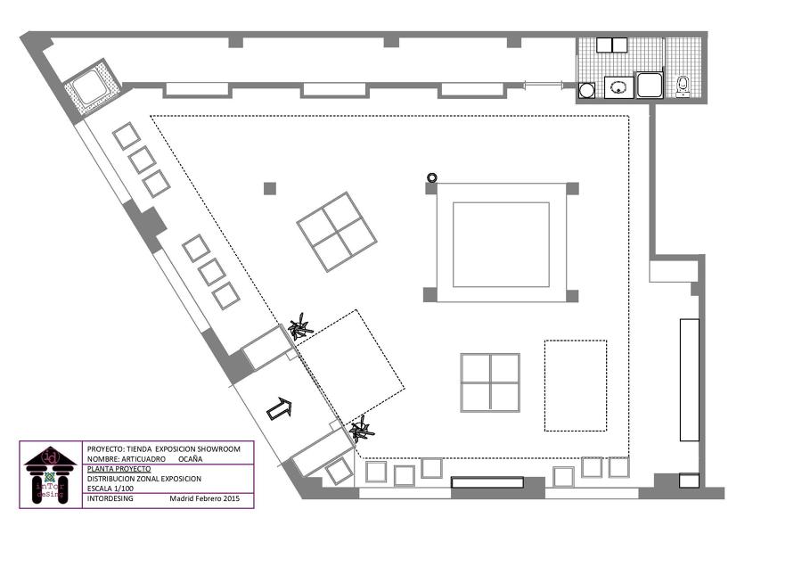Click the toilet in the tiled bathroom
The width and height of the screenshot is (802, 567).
683,86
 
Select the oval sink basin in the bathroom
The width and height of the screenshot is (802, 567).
618,87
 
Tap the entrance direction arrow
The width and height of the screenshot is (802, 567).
279,409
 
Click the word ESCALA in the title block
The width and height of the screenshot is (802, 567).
103,489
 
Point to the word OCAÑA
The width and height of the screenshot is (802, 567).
191,459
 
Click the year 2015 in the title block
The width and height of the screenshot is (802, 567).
231,499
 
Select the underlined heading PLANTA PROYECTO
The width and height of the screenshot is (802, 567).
119,469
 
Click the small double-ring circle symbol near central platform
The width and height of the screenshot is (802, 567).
432,177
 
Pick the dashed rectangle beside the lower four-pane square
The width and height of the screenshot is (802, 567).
575,385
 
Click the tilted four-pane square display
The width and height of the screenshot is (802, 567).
335,232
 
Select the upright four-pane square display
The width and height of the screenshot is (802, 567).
490,383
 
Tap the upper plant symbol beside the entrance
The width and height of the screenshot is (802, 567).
300,327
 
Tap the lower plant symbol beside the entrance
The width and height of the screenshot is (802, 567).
361,432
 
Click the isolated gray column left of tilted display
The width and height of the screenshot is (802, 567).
270,188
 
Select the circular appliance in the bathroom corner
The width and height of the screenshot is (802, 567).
587,90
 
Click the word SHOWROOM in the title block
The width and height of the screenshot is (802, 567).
219,448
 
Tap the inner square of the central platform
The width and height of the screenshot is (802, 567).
501,244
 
